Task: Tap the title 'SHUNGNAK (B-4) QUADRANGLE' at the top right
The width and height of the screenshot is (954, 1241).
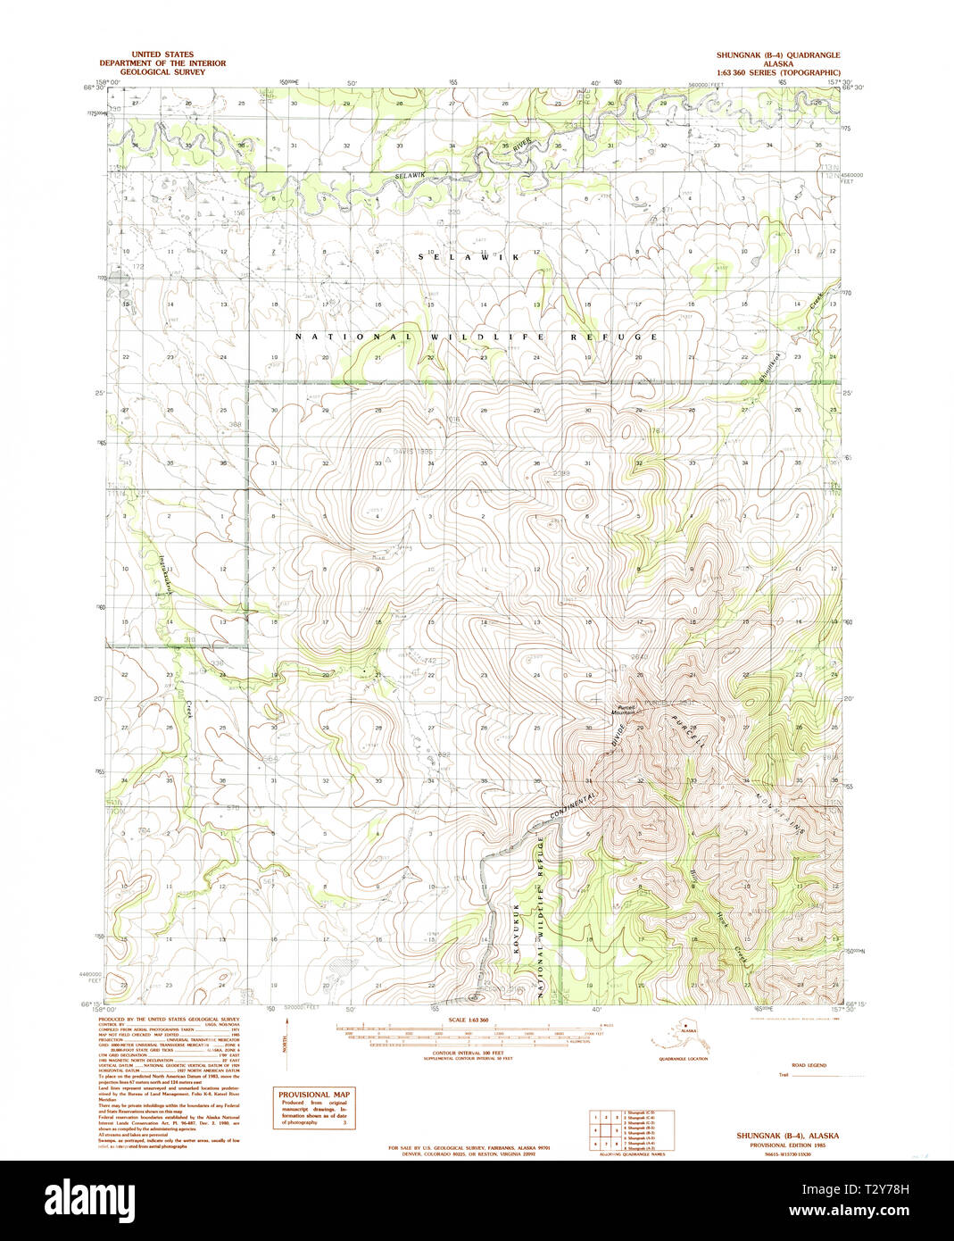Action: coord(777,54)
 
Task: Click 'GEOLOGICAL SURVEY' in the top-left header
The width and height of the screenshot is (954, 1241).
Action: coord(162,72)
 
